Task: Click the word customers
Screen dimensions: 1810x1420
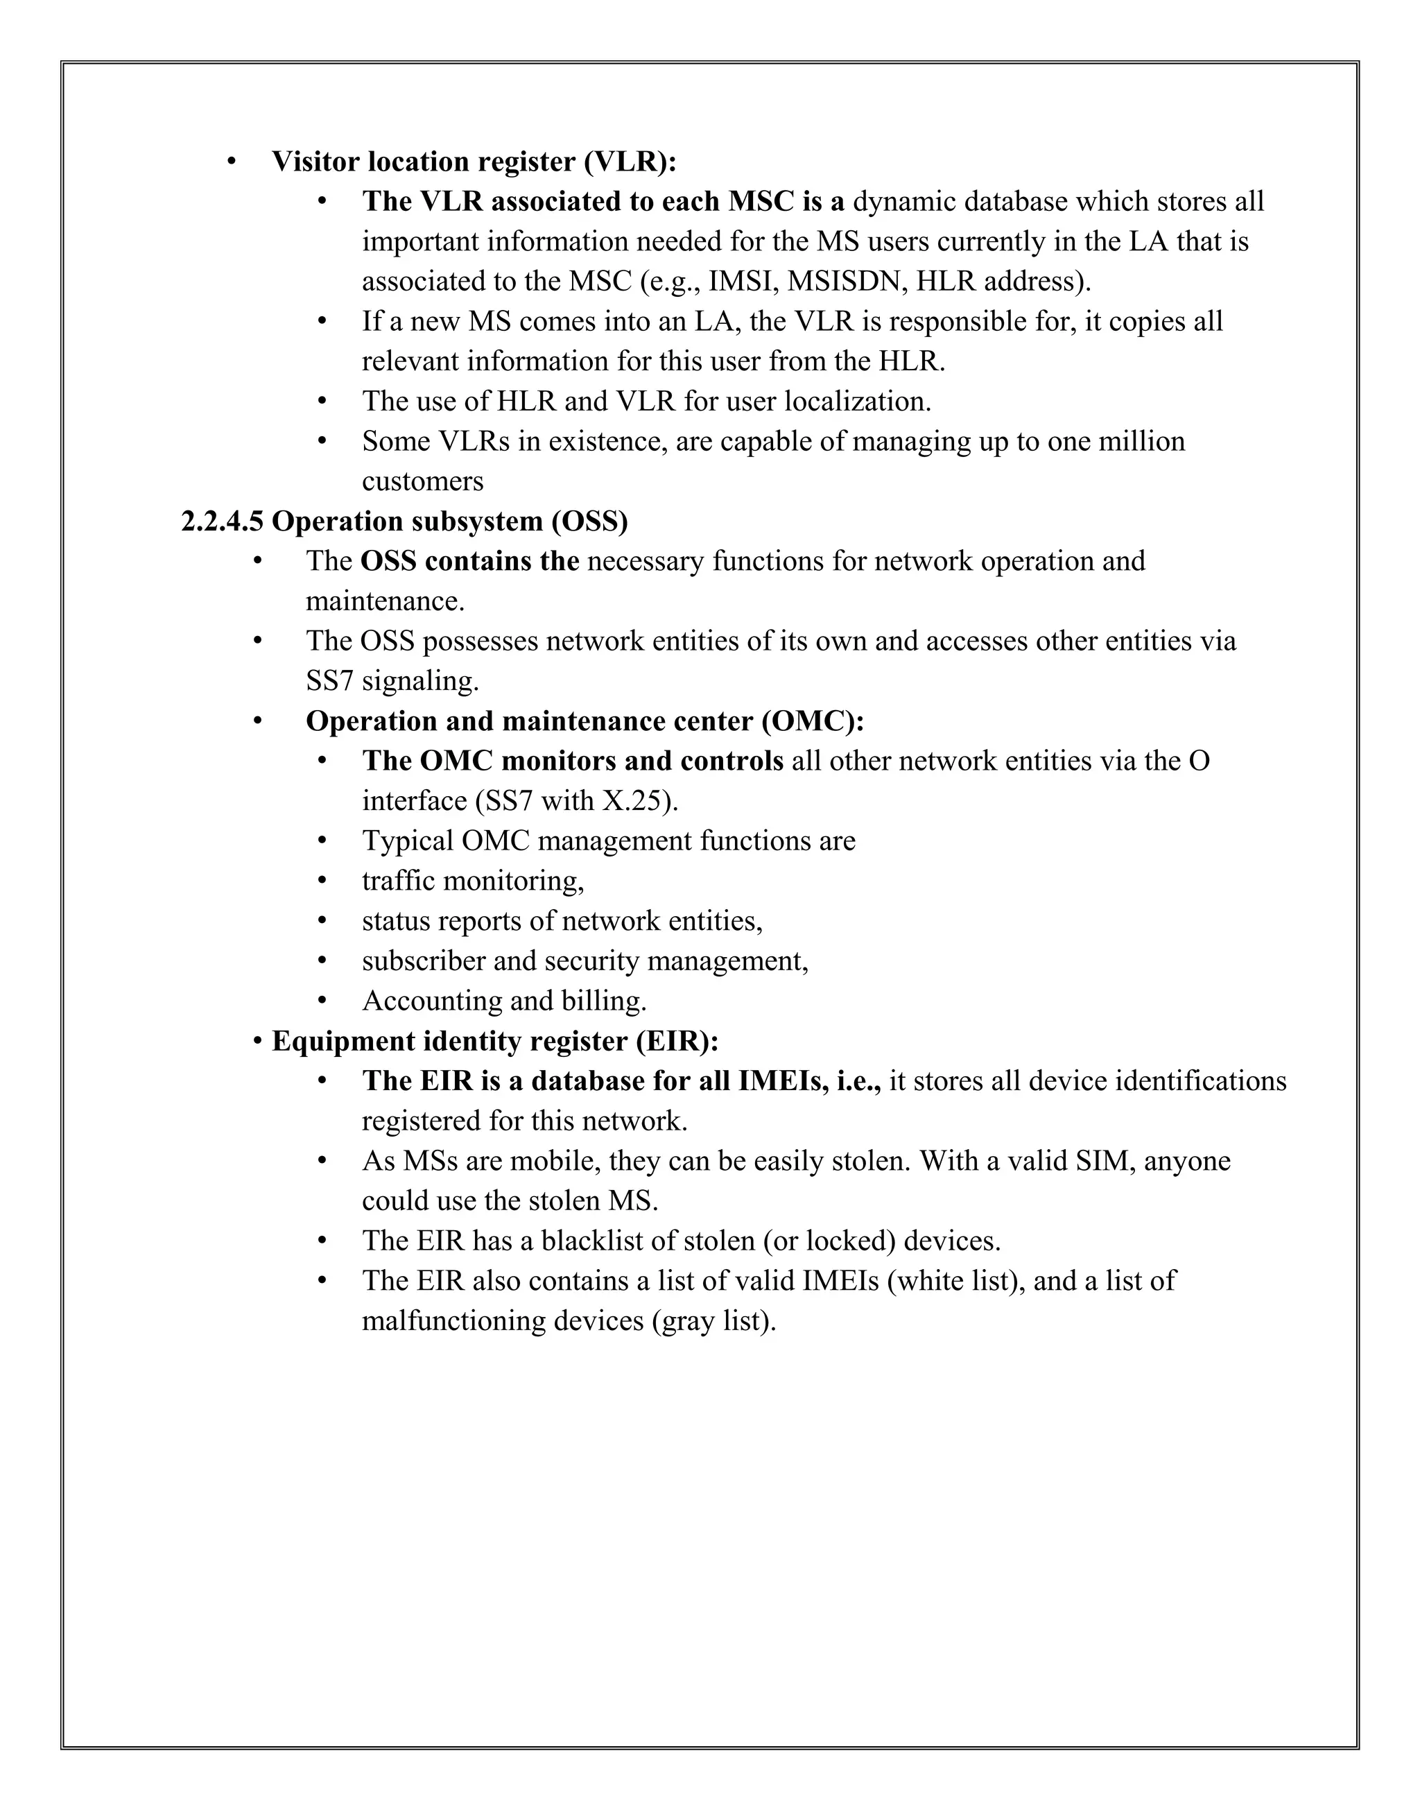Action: tap(422, 481)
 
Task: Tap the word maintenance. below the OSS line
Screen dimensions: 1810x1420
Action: tap(385, 601)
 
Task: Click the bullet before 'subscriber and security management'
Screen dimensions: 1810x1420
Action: tap(322, 961)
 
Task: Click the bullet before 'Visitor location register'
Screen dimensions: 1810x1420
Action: tap(232, 162)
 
